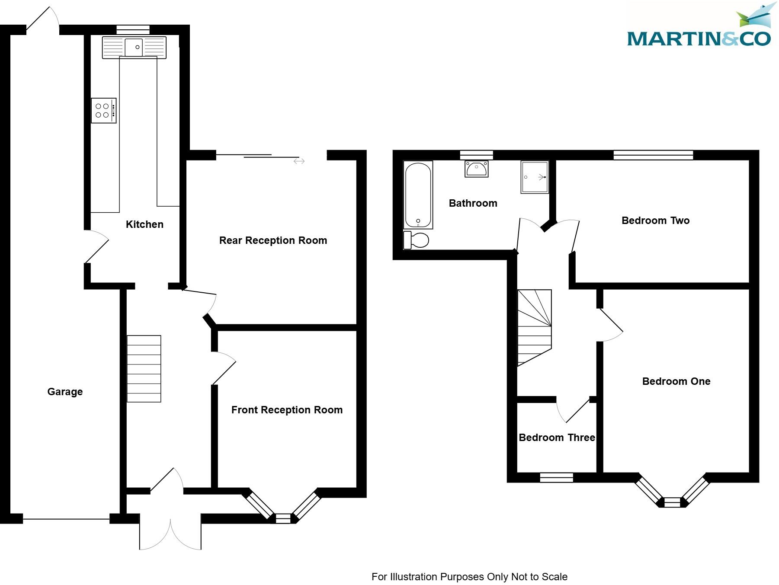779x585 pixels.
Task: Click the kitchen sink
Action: pos(134,47)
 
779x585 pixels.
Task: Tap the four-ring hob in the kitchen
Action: pos(103,111)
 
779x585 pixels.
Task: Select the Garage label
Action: pos(65,392)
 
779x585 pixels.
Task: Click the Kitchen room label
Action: pos(144,224)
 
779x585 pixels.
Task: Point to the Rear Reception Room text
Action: pos(273,240)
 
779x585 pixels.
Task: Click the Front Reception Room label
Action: pos(287,410)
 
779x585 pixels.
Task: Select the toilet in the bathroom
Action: pos(416,240)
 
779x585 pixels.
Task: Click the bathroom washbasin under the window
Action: pos(476,168)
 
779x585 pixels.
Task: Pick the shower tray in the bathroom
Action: pos(535,177)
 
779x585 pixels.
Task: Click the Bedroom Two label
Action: pos(655,221)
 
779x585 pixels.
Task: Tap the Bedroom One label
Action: pos(676,381)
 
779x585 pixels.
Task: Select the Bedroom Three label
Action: pos(557,438)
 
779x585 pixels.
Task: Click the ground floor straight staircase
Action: pos(144,369)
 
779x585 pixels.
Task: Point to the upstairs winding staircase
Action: pos(535,326)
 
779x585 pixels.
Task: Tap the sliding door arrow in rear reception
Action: pos(299,161)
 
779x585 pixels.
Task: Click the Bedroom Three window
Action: pos(556,477)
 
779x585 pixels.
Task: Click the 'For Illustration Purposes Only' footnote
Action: pos(469,577)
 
